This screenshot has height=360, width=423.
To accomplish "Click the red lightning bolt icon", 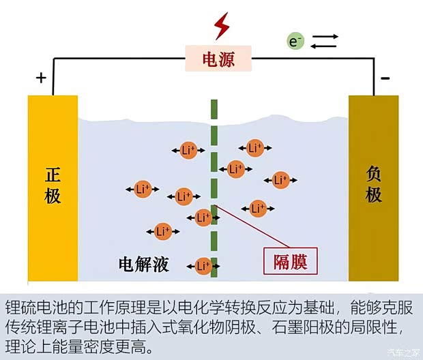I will tap(222, 26).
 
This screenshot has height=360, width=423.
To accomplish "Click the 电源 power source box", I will tap(219, 60).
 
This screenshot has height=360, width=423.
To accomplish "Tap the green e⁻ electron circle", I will tap(295, 42).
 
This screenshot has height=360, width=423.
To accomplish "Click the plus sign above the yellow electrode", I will tap(41, 77).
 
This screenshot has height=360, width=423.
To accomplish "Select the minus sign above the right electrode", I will tap(385, 78).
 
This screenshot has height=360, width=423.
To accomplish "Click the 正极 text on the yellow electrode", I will tap(53, 185).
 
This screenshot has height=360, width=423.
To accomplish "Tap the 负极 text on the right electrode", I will tap(373, 185).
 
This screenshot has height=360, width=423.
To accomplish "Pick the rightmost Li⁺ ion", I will tap(280, 180).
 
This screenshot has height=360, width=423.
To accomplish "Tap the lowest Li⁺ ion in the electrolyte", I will tap(203, 265).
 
